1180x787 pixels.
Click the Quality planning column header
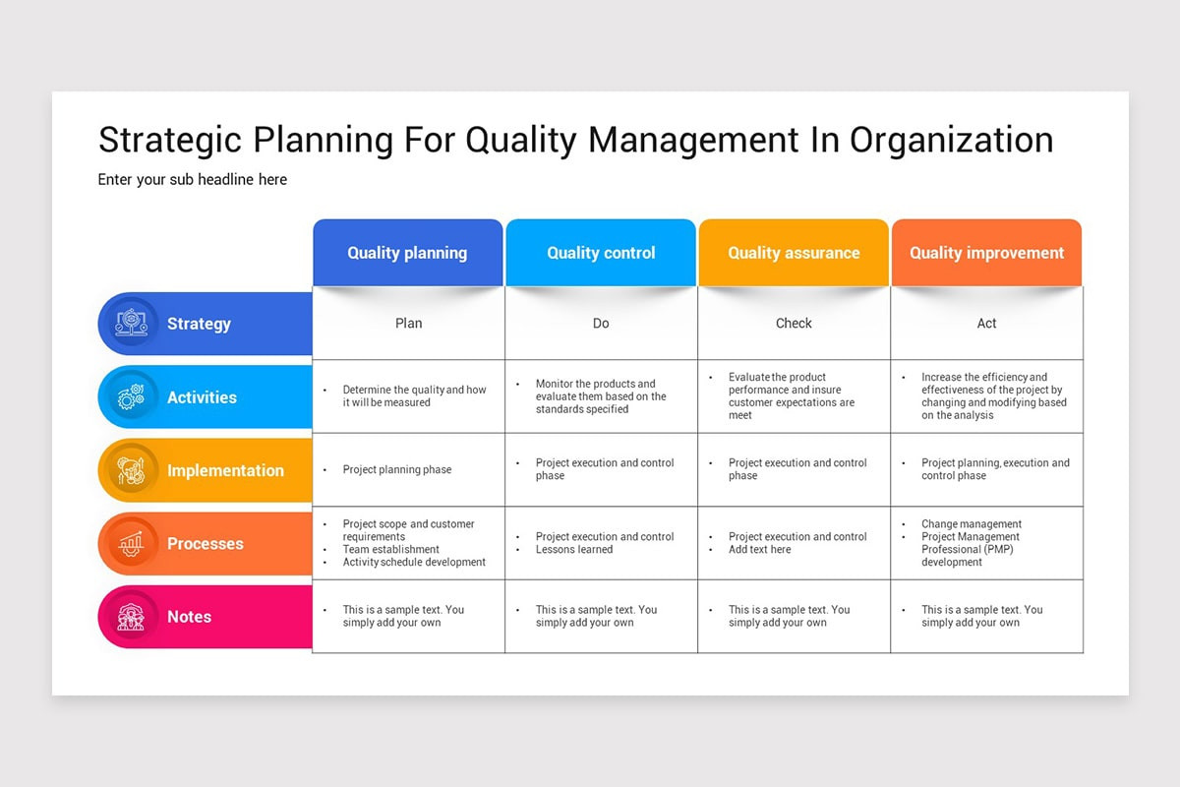407,253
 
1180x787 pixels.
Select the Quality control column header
601,253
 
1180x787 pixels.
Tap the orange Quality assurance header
794,253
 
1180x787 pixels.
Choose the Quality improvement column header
986,253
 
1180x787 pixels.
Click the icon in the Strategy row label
131,324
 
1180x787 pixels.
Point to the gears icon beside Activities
131,397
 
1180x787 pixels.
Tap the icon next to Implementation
131,470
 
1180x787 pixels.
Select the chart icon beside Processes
131,543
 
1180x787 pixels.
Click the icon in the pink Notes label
131,617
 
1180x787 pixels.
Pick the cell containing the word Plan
408,324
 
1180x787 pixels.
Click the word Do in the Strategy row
601,324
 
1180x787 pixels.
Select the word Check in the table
794,324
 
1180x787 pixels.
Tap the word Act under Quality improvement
986,324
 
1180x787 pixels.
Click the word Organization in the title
951,140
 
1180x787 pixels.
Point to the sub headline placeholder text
193,180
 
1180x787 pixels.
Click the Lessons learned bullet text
574,550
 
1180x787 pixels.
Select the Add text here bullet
759,550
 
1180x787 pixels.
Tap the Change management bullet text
971,524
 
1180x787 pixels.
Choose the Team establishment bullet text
390,550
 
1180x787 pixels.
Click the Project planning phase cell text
397,470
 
